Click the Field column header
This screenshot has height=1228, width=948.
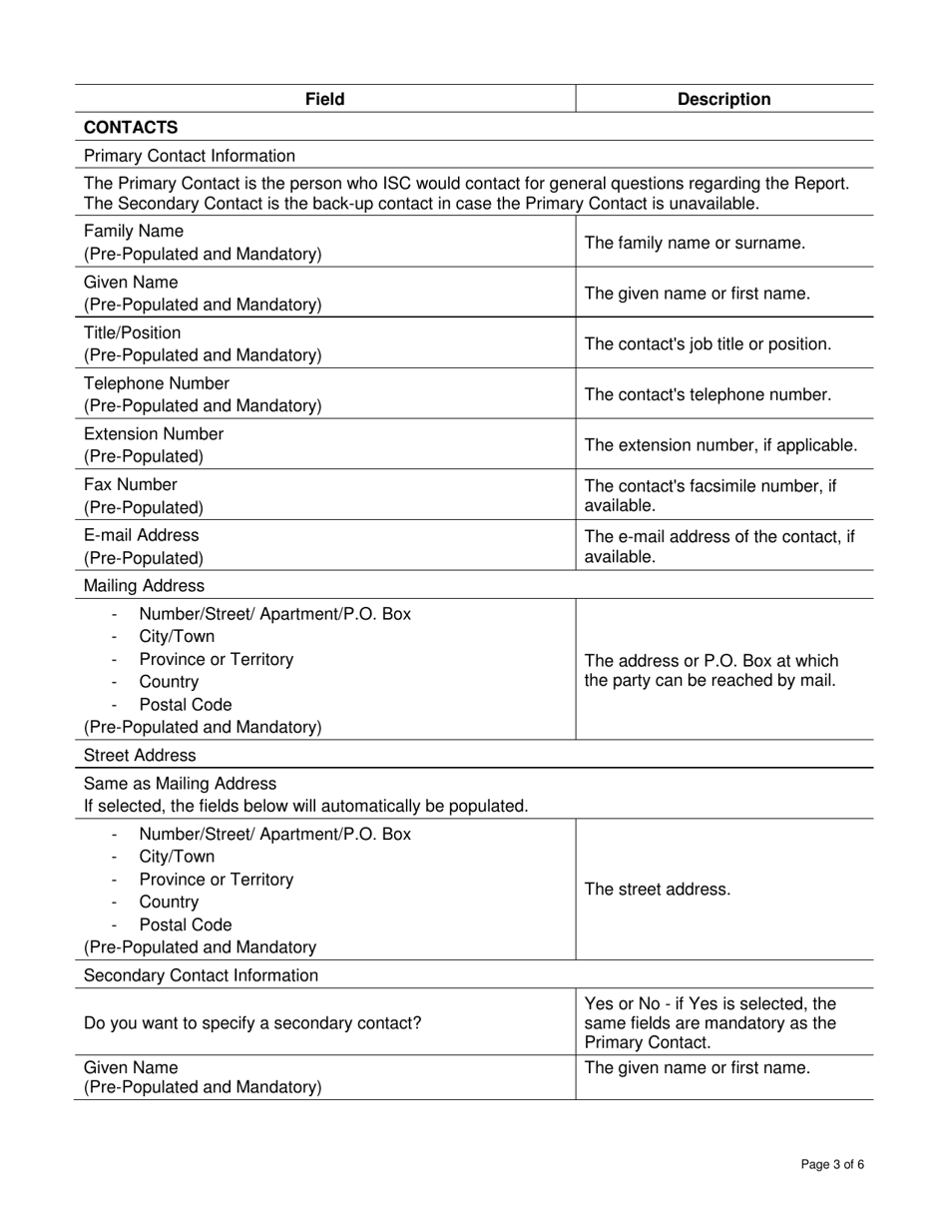325,99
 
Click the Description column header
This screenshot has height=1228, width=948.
723,99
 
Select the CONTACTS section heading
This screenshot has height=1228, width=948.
131,127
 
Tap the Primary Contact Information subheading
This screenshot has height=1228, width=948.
190,156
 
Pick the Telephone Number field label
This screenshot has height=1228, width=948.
157,383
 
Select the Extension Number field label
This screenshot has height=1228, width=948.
154,434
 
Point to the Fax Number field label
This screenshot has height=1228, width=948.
131,485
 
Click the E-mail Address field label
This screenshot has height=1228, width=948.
142,535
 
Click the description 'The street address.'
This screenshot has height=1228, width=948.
658,890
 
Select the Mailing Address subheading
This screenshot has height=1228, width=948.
145,585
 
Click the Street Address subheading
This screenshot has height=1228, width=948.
141,755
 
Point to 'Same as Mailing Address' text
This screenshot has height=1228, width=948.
181,784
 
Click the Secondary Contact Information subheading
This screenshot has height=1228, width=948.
202,975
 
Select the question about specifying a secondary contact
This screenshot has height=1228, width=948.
252,1023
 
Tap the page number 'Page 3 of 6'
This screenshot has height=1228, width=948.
832,1164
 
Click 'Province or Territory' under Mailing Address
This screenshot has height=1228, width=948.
217,660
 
